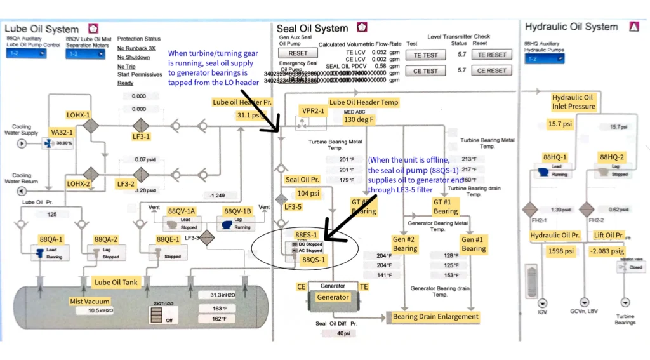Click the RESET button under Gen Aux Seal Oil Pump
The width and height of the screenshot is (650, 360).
(298, 54)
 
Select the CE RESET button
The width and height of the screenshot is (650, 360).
(492, 70)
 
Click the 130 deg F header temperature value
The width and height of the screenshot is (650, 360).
(360, 119)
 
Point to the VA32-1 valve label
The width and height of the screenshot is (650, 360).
(61, 131)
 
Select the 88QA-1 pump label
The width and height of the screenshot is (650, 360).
(51, 239)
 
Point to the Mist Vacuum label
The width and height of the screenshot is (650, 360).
(90, 302)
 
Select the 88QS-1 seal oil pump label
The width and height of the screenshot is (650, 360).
(314, 260)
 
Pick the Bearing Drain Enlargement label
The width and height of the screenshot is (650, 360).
(435, 316)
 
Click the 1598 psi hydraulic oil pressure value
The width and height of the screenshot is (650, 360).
(560, 251)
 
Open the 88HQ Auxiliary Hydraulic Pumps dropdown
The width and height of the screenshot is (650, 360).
(544, 59)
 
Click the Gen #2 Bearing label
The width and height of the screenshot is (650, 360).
(404, 244)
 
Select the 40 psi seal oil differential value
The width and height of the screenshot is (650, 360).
(343, 333)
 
